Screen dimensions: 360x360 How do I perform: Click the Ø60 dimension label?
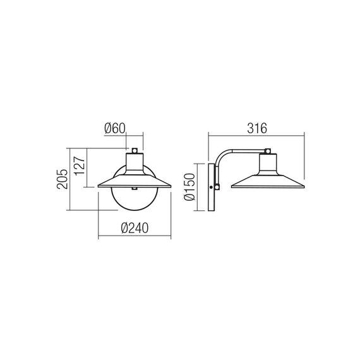pos(115,128)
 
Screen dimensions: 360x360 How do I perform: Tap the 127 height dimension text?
pos(80,166)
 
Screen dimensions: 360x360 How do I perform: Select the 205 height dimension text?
pos(63,179)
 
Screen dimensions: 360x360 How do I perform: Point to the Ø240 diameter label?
pos(135,228)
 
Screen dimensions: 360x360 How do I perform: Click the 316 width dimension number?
pos(257,128)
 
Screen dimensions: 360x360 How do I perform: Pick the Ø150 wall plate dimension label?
pos(189,187)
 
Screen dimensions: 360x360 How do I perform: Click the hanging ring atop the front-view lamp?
pos(135,150)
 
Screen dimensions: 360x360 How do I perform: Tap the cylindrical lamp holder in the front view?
pos(135,163)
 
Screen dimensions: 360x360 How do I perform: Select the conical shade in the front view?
pos(135,181)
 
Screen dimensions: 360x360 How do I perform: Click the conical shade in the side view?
pos(268,182)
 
